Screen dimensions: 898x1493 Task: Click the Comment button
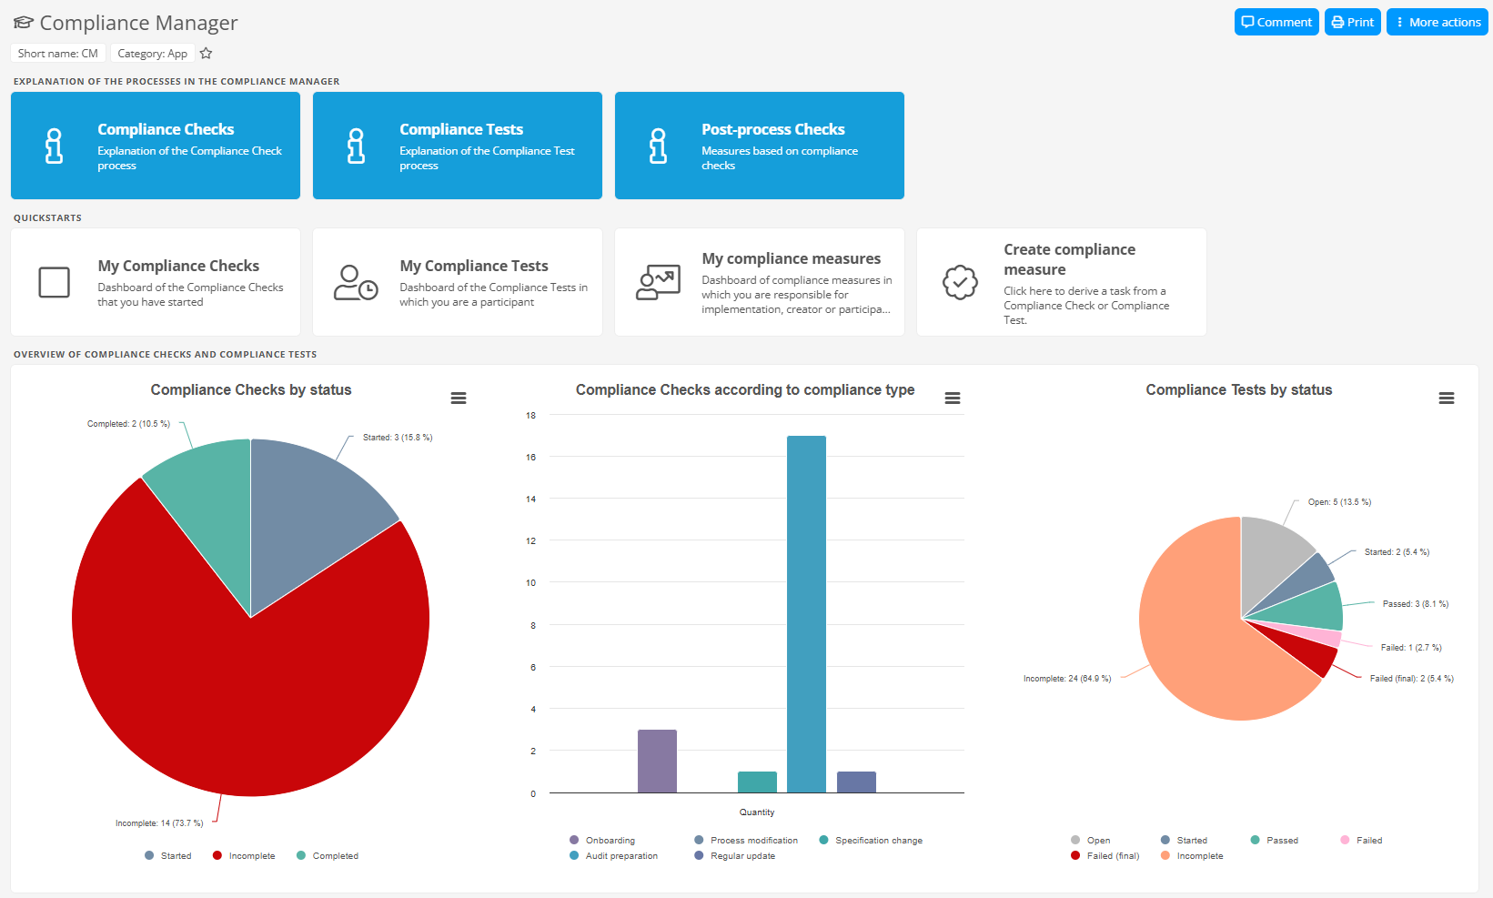point(1276,22)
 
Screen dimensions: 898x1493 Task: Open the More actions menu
point(1437,22)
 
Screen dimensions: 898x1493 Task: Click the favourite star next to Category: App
point(207,54)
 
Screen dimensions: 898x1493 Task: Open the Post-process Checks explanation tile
point(759,146)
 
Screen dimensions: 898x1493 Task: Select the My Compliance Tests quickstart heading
point(474,266)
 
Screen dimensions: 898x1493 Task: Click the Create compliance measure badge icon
point(960,282)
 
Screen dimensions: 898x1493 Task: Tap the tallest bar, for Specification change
point(806,614)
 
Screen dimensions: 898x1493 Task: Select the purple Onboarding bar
point(657,761)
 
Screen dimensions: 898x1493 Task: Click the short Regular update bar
point(856,782)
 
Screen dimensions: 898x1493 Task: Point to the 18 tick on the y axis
point(530,416)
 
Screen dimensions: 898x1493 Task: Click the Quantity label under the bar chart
point(757,812)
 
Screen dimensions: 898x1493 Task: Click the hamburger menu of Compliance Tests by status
point(1446,399)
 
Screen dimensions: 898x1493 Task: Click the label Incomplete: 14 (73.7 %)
point(159,823)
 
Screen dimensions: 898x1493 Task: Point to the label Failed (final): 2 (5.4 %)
point(1411,679)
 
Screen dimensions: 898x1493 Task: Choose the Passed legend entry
point(1282,841)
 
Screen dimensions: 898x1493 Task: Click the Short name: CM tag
point(58,54)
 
